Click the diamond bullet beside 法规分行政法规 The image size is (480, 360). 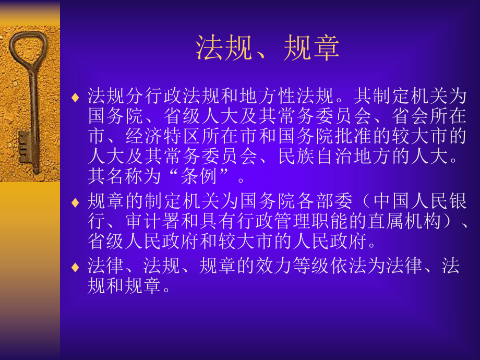(x=76, y=97)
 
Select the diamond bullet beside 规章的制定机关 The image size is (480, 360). (x=76, y=202)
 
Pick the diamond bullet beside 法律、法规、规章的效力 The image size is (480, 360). (x=76, y=267)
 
